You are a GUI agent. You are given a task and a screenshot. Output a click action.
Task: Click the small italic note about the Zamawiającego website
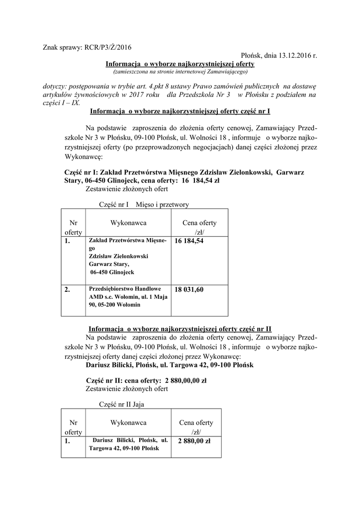[180, 72]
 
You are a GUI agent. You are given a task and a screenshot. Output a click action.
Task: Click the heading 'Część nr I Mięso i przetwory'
[144, 204]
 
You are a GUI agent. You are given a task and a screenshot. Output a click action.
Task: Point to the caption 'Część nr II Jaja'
[122, 405]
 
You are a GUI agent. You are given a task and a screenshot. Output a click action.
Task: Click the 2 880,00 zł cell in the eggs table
[194, 440]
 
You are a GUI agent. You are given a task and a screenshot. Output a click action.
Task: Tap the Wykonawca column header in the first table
[128, 223]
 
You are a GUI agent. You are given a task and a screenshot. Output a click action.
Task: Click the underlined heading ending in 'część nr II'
[180, 329]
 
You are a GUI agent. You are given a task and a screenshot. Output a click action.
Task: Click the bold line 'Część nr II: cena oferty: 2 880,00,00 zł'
[146, 381]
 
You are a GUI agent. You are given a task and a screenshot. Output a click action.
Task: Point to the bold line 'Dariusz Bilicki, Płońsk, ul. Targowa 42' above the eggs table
[170, 365]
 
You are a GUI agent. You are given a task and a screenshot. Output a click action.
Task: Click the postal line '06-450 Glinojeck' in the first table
[112, 272]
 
